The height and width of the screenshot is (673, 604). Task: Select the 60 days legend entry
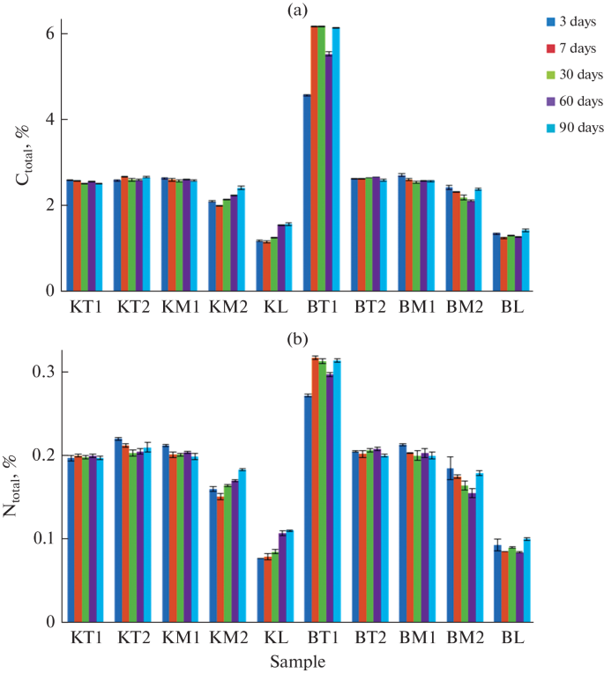point(571,101)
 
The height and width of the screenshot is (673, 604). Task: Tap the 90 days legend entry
point(571,128)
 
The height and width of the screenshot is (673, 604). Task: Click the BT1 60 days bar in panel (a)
point(329,172)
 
